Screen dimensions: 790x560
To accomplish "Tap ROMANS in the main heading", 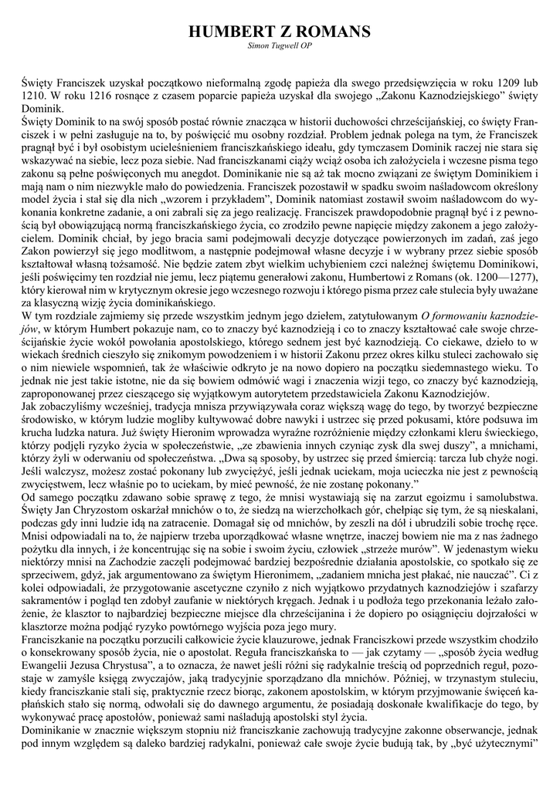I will [336, 32].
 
